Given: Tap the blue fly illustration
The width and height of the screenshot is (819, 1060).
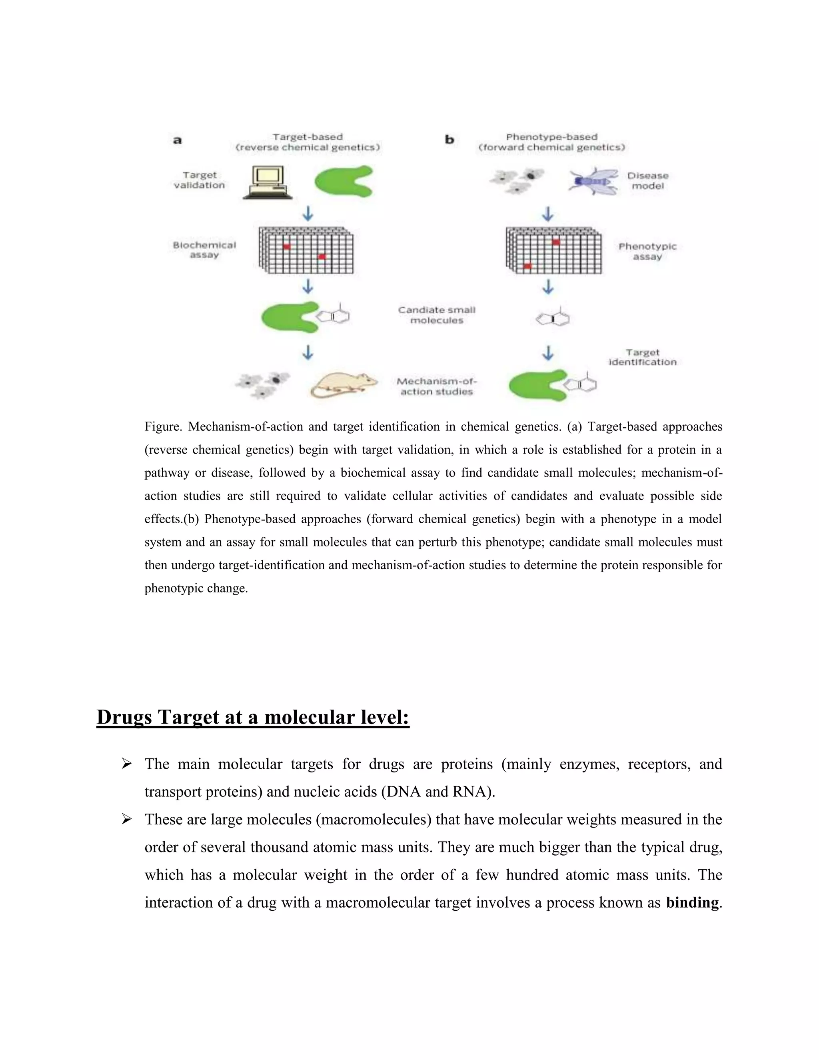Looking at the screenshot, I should pos(593,182).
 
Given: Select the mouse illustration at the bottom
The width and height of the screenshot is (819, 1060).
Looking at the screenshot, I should pos(344,385).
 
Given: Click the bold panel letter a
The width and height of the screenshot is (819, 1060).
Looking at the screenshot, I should pos(178,140).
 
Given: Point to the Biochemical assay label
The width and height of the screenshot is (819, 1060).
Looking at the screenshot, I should pos(204,250).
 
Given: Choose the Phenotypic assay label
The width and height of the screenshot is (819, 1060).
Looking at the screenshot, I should pos(647,252).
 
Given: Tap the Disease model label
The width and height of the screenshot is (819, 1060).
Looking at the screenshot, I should pos(648,180).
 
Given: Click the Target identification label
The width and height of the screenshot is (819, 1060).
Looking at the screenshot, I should pos(642,357).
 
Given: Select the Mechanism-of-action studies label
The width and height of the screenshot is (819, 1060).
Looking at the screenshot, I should pos(437,386).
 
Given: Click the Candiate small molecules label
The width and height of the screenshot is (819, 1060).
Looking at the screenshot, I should pos(437,315).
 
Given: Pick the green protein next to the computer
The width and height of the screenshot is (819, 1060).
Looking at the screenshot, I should pos(344,181).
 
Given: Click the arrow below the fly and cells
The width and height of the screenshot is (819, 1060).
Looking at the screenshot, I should pos(548,214).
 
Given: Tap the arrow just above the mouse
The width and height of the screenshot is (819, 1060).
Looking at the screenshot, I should pos(308,352).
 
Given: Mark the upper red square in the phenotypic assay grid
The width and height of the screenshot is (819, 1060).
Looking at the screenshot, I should pos(556,242).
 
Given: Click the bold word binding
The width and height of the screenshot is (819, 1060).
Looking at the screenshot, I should pos(692,902).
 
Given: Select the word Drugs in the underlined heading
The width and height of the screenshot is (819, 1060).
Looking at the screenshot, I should pos(124,717).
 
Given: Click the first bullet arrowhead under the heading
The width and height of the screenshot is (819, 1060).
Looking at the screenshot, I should pos(127,764).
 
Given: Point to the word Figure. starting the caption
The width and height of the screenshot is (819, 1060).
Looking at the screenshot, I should pos(163,427).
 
